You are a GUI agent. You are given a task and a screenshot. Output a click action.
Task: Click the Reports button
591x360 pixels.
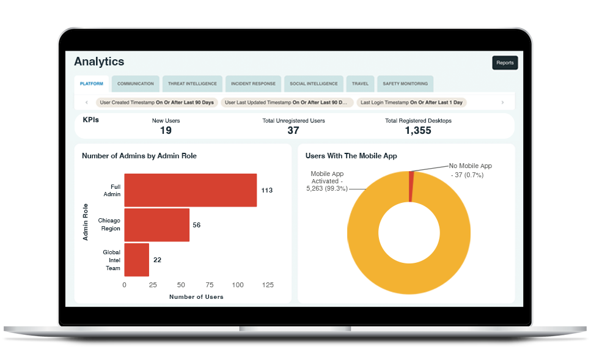coord(505,62)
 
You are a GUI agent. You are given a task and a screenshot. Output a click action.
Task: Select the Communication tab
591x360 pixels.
coord(135,84)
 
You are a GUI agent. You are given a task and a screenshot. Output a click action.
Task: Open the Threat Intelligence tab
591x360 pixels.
coord(193,84)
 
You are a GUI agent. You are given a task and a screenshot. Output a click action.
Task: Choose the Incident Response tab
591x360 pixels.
coord(253,84)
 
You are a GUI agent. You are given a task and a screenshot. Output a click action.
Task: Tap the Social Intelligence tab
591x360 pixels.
coord(314,84)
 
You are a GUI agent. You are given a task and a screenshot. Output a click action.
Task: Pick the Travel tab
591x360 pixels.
coord(361,84)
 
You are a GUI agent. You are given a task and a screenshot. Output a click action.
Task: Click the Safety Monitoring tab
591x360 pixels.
coord(405,84)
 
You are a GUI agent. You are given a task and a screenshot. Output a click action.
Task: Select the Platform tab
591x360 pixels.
coord(92,84)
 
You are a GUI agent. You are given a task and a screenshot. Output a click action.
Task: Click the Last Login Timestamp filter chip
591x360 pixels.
coord(411,103)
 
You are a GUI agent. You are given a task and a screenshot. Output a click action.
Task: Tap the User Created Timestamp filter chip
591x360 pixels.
coord(157,103)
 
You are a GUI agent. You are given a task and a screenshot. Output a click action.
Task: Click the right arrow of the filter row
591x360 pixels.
coord(502,103)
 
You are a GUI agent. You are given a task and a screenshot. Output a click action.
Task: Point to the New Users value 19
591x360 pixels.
coord(166,130)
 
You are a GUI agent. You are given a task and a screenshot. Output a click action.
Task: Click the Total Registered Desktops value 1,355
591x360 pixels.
coord(418,130)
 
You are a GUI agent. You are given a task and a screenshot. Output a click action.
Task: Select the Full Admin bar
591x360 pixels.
coord(190,190)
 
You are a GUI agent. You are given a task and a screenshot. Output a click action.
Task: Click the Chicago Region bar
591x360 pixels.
coord(157,225)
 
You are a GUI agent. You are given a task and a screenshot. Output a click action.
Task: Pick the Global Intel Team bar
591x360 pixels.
coord(136,260)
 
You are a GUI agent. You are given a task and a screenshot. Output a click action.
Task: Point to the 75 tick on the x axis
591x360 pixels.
coord(210,285)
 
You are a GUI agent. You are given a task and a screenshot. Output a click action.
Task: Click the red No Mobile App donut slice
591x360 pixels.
coord(411,186)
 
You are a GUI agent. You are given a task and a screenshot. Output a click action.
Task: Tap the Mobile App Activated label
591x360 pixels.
coord(327,181)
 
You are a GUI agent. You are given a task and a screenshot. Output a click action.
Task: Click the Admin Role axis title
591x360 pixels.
coord(86,222)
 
